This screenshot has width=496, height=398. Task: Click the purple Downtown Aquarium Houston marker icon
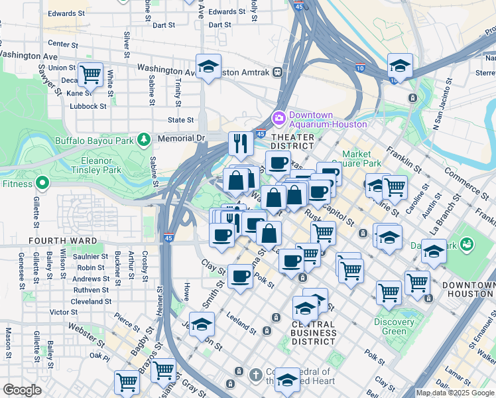tap(279, 118)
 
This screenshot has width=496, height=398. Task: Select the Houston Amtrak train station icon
tap(277, 71)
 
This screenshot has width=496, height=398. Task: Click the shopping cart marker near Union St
tap(90, 74)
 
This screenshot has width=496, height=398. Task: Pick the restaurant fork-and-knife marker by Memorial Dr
tap(240, 143)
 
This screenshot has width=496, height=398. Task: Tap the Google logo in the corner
tap(22, 390)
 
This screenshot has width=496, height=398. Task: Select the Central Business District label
tap(313, 332)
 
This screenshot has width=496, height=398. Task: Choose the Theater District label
tap(292, 140)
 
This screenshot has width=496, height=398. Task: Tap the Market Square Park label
tap(361, 159)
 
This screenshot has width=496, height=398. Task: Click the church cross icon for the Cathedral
tap(255, 375)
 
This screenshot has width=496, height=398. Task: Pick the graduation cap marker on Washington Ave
tap(209, 66)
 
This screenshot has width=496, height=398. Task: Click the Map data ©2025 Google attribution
tap(455, 393)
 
